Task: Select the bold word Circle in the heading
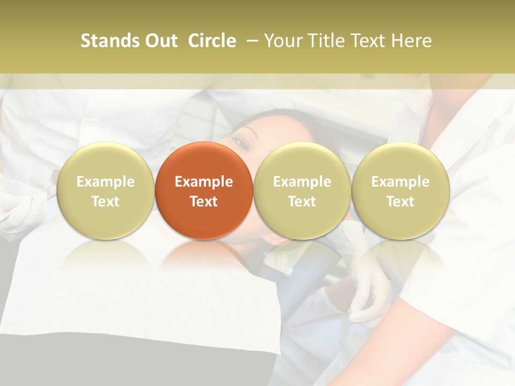tap(212, 41)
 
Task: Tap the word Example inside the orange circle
tap(204, 182)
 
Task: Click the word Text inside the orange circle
tap(204, 202)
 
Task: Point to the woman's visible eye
tap(242, 143)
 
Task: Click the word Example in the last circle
tap(401, 182)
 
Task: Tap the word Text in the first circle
tap(105, 202)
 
